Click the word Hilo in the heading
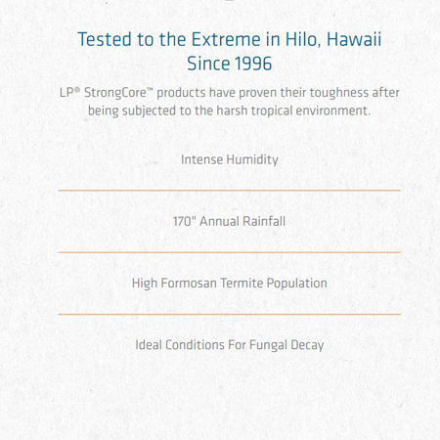pos(303,39)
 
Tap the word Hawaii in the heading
pos(354,39)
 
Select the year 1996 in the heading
pos(253,64)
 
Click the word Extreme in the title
pos(226,39)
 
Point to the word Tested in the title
pos(105,39)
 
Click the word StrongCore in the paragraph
pos(115,93)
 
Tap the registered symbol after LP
pos(77,89)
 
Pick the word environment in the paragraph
pos(333,110)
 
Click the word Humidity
pos(252,159)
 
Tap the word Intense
pos(201,159)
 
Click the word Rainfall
pos(265,221)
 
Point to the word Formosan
pos(189,284)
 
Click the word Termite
pos(242,284)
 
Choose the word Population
pos(297,284)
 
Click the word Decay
pos(307,345)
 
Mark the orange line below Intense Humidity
pos(230,190)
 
